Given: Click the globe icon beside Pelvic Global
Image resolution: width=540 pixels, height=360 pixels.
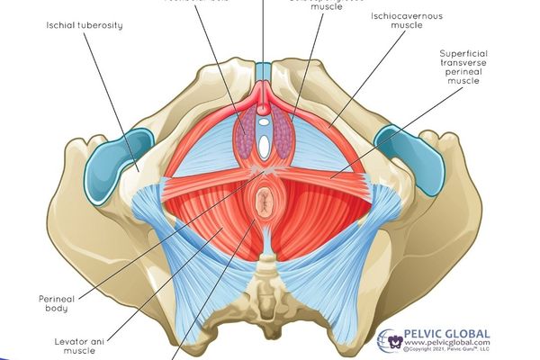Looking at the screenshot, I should point(391,340).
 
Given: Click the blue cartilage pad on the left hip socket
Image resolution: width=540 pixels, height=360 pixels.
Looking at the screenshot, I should point(117,159).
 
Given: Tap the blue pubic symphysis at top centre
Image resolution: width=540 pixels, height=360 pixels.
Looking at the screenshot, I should point(263,73).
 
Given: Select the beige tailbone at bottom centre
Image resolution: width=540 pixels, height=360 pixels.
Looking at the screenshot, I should point(265,288).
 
